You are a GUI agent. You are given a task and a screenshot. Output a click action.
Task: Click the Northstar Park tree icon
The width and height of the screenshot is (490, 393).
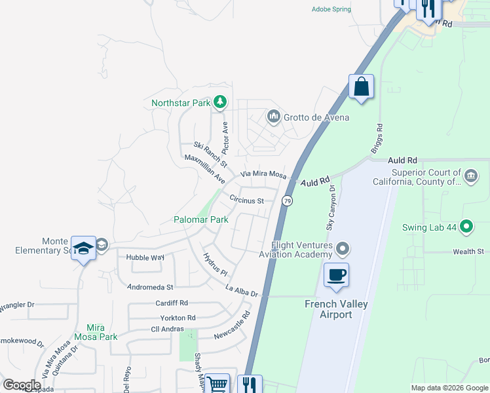(221, 102)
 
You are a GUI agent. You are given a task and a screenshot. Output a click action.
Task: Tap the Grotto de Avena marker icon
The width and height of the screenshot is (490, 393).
(273, 117)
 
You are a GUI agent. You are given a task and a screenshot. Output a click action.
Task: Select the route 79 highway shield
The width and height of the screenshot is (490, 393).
(287, 200)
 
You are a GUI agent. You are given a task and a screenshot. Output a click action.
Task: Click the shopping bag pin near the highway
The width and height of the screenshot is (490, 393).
(361, 86)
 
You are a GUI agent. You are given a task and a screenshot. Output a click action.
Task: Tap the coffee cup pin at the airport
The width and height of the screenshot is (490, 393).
(336, 275)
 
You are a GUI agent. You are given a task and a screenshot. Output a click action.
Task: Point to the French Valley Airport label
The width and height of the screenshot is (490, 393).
(337, 309)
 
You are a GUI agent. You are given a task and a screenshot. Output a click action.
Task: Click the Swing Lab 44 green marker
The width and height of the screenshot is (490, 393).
(466, 227)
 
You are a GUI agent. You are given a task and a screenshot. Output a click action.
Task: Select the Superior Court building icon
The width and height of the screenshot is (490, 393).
(471, 176)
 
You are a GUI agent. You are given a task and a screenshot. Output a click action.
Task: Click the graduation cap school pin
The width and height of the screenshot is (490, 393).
(83, 248)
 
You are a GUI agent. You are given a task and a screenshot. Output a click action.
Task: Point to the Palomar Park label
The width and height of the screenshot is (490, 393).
(200, 219)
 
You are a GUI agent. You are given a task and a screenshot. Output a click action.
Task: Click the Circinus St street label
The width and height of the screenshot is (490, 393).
(246, 200)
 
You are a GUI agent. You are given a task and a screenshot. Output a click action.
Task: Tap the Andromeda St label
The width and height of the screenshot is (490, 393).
(150, 287)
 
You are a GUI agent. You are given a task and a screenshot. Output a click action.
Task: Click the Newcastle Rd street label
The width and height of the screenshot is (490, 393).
(233, 324)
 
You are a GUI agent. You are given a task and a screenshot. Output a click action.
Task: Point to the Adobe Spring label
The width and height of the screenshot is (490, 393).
(331, 9)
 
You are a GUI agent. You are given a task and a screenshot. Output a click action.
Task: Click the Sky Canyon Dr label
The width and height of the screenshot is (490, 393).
(331, 207)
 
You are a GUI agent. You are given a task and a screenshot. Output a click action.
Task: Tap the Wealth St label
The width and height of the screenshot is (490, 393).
(470, 252)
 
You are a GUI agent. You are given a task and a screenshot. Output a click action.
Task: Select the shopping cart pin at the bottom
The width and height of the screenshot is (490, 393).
(217, 384)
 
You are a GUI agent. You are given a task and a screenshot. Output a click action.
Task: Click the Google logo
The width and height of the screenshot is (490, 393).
(22, 384)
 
